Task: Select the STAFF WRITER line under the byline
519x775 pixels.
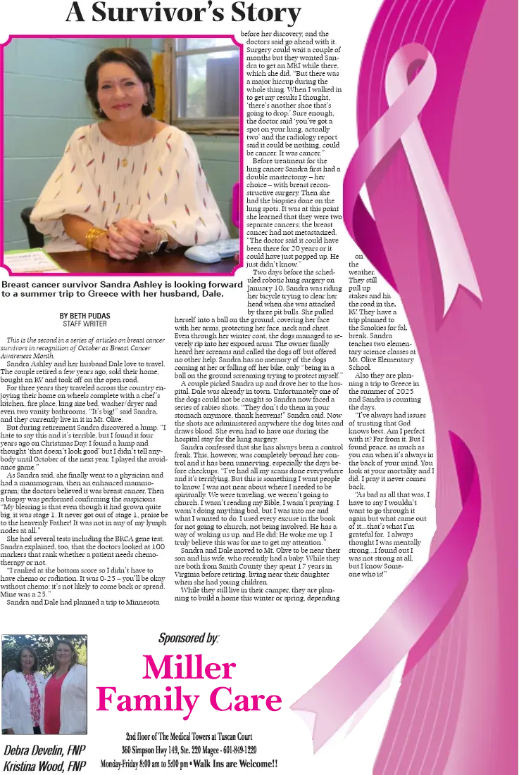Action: click(x=85, y=324)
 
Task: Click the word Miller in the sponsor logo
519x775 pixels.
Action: click(x=189, y=667)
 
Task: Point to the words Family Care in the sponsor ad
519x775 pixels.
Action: click(x=189, y=700)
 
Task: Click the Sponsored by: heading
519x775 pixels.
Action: click(x=189, y=639)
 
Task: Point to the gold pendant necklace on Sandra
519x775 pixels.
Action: click(x=125, y=161)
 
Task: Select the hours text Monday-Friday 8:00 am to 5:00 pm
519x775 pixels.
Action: click(x=144, y=763)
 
